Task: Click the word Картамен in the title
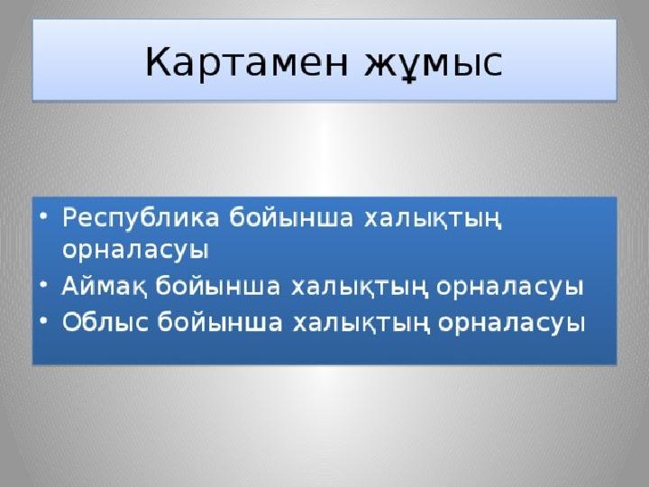click(247, 62)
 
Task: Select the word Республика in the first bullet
click(140, 218)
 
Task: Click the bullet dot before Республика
click(44, 216)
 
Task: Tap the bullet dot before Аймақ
click(44, 285)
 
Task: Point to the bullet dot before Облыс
click(44, 320)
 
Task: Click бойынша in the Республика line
click(290, 217)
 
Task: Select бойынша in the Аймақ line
click(218, 286)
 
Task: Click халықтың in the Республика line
click(433, 218)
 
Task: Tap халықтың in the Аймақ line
click(359, 287)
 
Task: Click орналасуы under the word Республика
click(136, 251)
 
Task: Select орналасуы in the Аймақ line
click(510, 287)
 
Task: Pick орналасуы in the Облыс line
click(512, 322)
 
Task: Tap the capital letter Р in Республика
click(70, 217)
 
